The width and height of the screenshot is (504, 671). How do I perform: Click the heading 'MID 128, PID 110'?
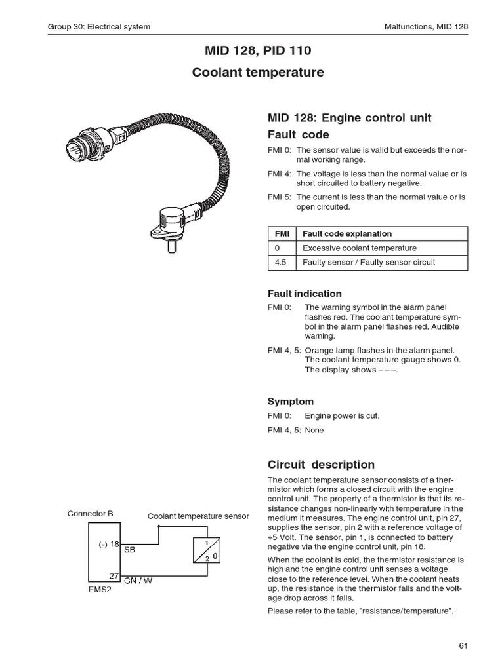click(x=258, y=50)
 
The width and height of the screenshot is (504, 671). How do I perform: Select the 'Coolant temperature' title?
click(x=258, y=73)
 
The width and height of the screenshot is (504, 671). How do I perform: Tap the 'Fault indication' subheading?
click(x=304, y=294)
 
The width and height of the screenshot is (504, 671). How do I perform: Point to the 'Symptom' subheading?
click(x=291, y=401)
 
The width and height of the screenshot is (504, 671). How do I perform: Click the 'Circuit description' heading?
click(x=321, y=465)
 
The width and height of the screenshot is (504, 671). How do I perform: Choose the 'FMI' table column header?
click(x=281, y=233)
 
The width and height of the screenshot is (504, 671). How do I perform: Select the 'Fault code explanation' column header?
click(x=346, y=233)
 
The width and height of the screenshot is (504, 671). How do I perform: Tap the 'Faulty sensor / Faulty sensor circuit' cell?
click(x=369, y=263)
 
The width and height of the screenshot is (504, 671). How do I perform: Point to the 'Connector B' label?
click(x=91, y=514)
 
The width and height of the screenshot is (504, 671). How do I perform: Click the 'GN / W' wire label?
click(x=138, y=580)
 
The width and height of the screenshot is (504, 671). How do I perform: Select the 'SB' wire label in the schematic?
click(x=129, y=550)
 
